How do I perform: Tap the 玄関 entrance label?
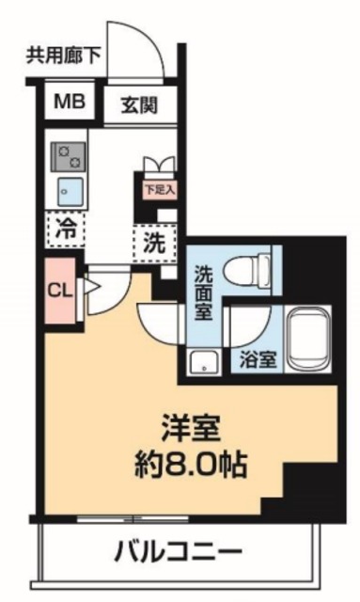(138, 103)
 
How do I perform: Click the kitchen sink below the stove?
(68, 188)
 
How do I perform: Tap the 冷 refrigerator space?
(66, 227)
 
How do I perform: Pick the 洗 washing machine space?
(154, 241)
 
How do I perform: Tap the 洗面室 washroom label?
(203, 293)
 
